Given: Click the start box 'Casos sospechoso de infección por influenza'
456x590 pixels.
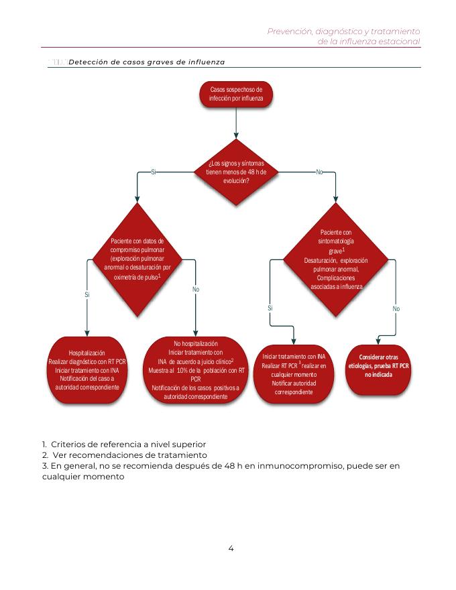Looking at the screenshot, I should [x=236, y=94].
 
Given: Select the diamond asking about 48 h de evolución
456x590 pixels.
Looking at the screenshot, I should [x=236, y=172].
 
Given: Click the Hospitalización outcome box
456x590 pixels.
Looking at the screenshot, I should [x=87, y=370].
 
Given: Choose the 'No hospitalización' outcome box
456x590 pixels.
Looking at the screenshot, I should [x=196, y=370].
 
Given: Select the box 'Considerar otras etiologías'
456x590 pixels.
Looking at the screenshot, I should [x=379, y=366].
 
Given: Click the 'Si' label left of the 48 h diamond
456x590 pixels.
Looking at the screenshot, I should [x=154, y=172].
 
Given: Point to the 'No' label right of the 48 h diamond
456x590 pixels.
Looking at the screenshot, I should [x=320, y=172].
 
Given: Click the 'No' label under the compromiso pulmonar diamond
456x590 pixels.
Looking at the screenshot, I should [x=196, y=289].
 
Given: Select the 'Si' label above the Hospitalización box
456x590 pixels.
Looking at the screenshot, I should [x=87, y=294].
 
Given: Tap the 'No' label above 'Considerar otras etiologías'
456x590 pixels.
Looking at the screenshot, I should [x=396, y=308].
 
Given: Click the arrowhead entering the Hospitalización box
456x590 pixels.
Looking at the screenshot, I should [x=87, y=333].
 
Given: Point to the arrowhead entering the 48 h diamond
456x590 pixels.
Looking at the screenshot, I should [x=236, y=136].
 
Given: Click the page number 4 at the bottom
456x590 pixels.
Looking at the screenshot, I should [x=231, y=548].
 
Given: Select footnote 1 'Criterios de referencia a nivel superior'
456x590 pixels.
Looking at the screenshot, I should [x=123, y=444].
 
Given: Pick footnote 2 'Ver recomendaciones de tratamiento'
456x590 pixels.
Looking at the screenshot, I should [x=115, y=455].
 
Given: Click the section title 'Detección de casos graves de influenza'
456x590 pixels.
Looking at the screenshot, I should [x=146, y=62].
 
